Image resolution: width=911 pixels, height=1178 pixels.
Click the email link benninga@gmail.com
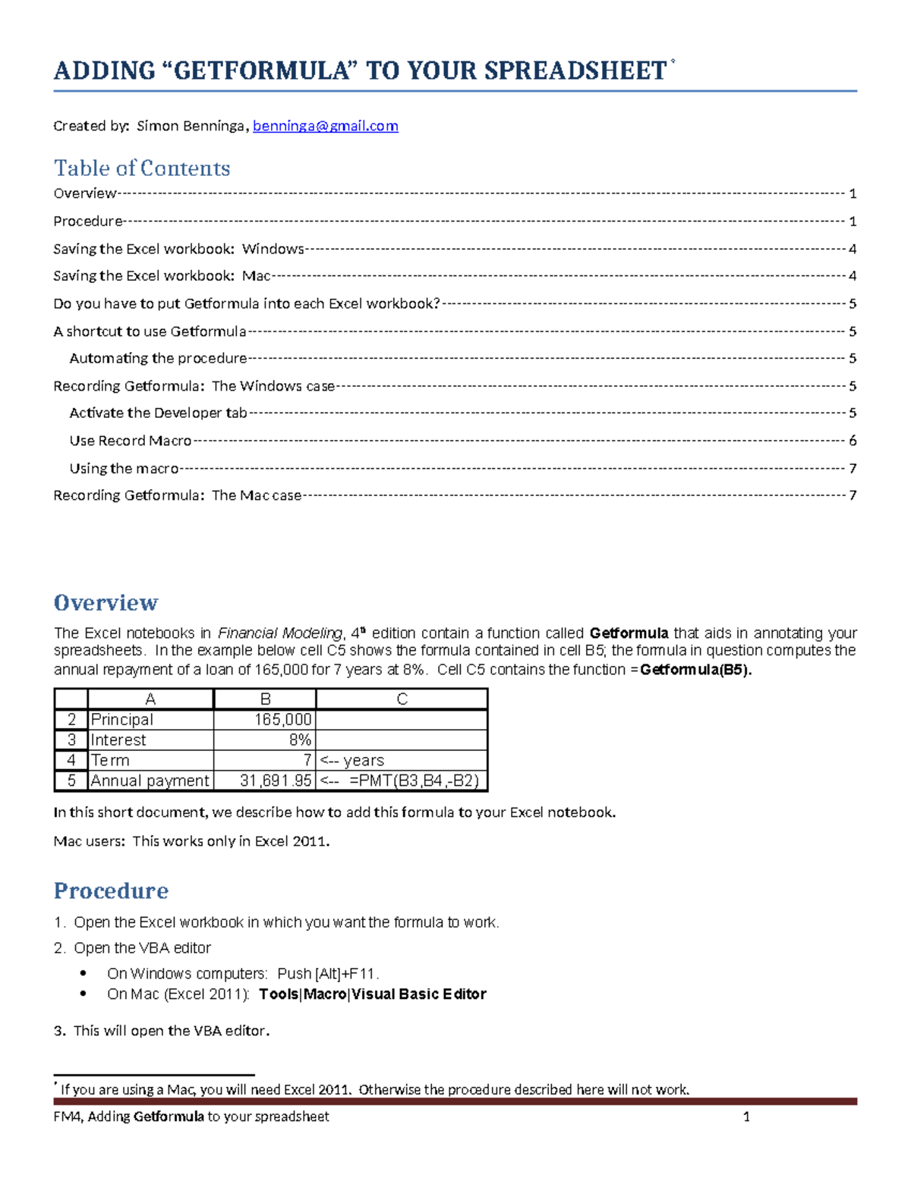click(325, 126)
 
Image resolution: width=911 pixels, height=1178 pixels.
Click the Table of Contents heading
click(142, 168)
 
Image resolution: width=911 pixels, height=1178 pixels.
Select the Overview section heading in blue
click(106, 603)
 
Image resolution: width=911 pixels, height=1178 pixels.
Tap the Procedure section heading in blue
click(111, 891)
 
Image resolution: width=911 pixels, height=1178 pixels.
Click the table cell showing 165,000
click(265, 720)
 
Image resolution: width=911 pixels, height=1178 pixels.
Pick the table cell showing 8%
click(265, 740)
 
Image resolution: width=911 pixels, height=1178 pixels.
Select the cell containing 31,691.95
click(265, 781)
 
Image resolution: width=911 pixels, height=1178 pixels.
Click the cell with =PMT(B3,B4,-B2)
click(402, 781)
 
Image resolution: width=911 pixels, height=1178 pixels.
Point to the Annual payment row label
click(150, 781)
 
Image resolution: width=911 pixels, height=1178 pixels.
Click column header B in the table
click(265, 699)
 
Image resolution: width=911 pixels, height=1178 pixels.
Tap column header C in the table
click(402, 699)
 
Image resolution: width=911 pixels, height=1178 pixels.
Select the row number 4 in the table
click(71, 761)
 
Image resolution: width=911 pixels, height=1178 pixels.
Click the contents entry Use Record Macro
click(131, 441)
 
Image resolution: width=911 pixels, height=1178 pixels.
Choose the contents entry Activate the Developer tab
click(158, 413)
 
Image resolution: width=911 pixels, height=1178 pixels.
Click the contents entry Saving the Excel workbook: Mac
click(162, 276)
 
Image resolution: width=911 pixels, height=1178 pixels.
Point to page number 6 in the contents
click(853, 441)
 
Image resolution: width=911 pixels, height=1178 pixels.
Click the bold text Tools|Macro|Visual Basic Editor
click(372, 994)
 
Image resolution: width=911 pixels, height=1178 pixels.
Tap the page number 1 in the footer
click(746, 1117)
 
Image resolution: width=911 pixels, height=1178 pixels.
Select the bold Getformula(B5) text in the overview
click(695, 671)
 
